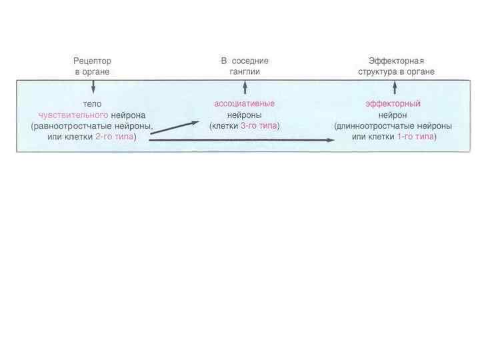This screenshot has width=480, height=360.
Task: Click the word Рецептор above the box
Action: pos(92,61)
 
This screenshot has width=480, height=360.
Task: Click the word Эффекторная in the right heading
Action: pos(396,61)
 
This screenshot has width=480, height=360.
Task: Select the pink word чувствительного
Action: pos(73,115)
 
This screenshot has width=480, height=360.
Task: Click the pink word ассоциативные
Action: pos(244,104)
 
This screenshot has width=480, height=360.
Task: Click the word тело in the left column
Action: pos(92,104)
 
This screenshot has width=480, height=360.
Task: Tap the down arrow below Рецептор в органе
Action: pos(93,87)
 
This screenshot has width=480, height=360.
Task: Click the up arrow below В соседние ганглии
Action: pos(245,85)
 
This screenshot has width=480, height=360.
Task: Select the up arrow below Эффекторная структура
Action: pos(395,85)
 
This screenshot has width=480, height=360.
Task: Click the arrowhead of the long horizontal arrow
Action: pos(331,140)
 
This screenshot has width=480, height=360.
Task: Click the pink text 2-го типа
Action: pos(111,137)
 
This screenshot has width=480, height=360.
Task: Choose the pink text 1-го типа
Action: pos(414,137)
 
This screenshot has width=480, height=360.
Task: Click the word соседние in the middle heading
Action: pos(251,61)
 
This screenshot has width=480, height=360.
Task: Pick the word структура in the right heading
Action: pos(377,71)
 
